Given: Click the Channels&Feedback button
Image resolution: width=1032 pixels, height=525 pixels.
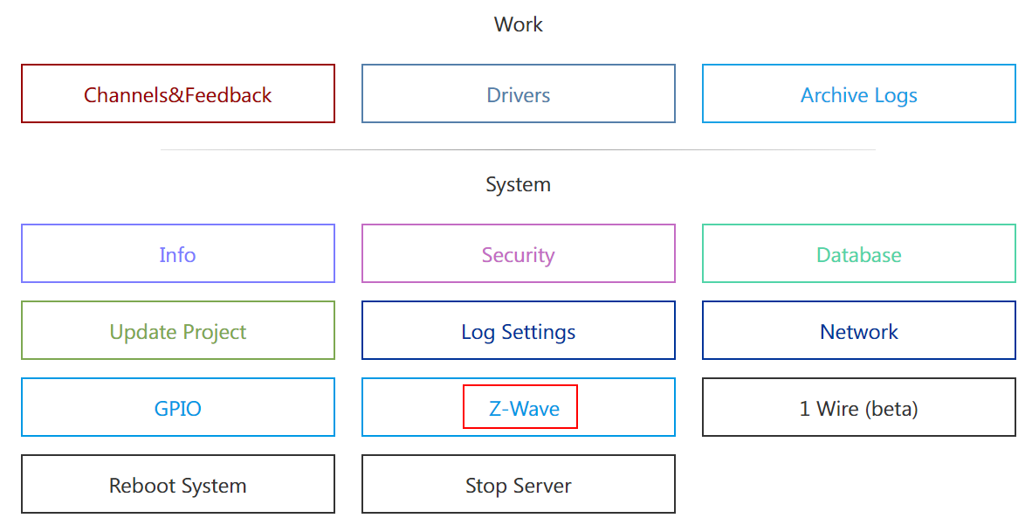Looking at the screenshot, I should (x=177, y=94).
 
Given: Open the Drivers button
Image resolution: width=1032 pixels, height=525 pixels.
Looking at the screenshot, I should (x=518, y=94).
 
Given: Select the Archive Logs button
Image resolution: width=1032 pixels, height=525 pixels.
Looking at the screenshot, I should (x=858, y=94).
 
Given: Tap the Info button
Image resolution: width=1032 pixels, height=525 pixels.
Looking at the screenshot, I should (x=177, y=254).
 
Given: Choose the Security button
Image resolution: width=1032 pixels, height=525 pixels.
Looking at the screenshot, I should (x=518, y=254).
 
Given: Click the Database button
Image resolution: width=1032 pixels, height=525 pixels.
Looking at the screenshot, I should (x=858, y=254).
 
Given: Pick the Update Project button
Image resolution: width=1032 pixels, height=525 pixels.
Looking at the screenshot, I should (x=177, y=331).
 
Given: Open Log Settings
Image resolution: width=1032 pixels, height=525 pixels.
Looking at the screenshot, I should (x=518, y=331).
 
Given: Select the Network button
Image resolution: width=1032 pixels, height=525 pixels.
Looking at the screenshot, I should (x=858, y=331).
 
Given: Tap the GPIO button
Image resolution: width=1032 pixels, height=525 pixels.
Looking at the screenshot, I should (x=177, y=408).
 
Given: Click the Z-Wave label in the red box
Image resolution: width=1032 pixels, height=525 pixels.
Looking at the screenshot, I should (x=524, y=408).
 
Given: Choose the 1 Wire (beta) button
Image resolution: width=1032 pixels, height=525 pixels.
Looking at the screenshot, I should (x=858, y=408).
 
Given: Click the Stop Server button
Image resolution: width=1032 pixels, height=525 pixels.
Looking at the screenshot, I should (x=518, y=485).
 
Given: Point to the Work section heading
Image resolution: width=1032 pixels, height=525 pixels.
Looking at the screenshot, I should (x=518, y=24).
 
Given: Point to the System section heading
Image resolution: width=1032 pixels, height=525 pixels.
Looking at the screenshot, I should (x=518, y=184).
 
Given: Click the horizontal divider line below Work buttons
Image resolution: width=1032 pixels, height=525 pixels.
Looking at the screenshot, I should (x=518, y=150).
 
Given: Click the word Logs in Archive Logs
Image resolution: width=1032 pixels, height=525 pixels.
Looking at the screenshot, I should (x=894, y=95).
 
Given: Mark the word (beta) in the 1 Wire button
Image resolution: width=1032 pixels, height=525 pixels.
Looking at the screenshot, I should (x=891, y=409).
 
